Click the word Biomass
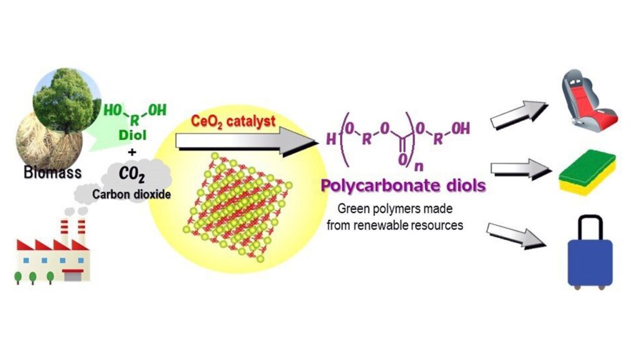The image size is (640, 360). [52, 172]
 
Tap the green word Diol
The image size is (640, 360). [132, 135]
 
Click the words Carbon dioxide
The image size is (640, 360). [131, 194]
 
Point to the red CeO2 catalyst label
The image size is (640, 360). [233, 122]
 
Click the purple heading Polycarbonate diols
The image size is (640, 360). [403, 185]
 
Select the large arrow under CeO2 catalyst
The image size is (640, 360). [247, 141]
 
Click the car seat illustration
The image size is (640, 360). [588, 98]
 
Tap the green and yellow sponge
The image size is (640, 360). [587, 172]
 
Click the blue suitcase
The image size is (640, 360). [590, 253]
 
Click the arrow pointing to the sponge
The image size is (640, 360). [521, 169]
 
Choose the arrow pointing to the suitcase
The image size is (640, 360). [516, 236]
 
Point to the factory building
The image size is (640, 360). [53, 256]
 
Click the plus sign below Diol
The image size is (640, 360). [132, 152]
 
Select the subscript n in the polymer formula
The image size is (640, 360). [419, 166]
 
